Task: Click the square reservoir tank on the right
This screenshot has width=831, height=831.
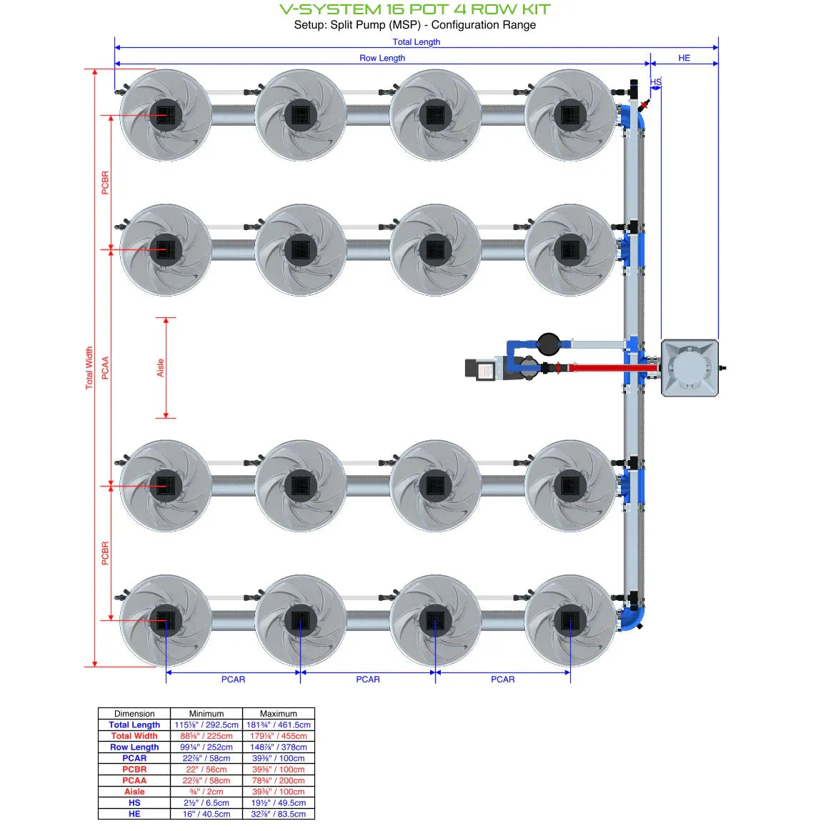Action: tap(690, 367)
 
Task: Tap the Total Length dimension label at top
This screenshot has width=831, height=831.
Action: tap(416, 42)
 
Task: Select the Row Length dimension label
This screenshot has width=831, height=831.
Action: tap(382, 58)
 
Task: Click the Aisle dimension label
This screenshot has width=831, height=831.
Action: tap(160, 367)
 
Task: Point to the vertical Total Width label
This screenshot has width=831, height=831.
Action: tap(89, 367)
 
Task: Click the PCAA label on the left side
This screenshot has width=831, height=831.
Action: tap(105, 367)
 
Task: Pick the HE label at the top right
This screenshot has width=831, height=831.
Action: tap(684, 58)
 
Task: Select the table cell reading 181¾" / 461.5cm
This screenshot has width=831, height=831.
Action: tap(279, 725)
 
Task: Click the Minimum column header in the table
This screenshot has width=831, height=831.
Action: tap(206, 713)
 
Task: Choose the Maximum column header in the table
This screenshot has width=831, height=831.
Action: tap(279, 713)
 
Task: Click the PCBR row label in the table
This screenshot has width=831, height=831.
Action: tap(134, 770)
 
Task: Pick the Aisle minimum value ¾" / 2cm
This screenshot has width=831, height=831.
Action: tap(206, 792)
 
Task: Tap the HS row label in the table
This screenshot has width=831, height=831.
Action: tap(134, 802)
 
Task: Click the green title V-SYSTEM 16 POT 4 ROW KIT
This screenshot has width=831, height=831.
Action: tap(414, 9)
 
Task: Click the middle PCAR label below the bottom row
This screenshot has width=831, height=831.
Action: tap(368, 679)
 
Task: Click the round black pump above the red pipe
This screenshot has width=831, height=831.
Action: tap(549, 344)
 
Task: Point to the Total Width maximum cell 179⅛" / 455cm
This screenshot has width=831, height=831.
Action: tap(279, 736)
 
